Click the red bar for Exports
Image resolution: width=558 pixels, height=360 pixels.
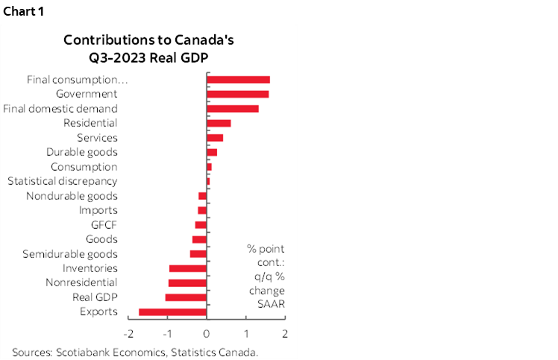point(172,312)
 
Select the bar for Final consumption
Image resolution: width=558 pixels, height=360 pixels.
point(238,80)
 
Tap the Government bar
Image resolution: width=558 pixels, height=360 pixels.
point(237,94)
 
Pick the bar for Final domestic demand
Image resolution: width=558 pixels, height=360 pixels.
point(232,109)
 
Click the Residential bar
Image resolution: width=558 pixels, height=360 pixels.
point(219,123)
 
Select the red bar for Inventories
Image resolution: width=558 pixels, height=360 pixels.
point(188,268)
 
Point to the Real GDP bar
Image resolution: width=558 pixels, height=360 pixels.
point(186,297)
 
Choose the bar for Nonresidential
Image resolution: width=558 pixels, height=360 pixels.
point(187,282)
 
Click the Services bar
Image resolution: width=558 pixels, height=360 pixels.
point(215,138)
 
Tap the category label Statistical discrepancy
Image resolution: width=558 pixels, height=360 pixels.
point(62,181)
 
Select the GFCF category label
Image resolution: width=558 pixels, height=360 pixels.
point(104,225)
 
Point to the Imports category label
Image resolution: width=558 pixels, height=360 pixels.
point(98,210)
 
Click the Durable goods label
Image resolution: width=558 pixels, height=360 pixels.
point(81,152)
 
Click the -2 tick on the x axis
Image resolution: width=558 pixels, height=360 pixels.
point(128,333)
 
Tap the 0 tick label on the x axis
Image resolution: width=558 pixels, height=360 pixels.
point(207,333)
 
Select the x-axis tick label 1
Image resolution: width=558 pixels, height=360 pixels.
point(246,333)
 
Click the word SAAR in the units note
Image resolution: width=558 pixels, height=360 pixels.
point(266,303)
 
